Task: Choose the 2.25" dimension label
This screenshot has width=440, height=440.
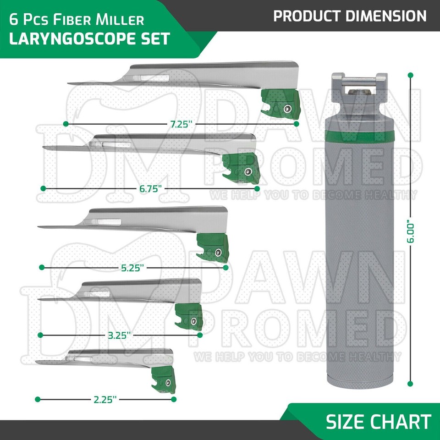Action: point(105,399)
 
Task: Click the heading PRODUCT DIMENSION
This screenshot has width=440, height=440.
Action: point(350,16)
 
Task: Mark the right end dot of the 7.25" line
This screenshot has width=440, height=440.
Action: point(297,124)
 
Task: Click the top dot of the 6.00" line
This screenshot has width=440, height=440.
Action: point(410,75)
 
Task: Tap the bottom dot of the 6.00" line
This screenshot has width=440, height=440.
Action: point(410,384)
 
